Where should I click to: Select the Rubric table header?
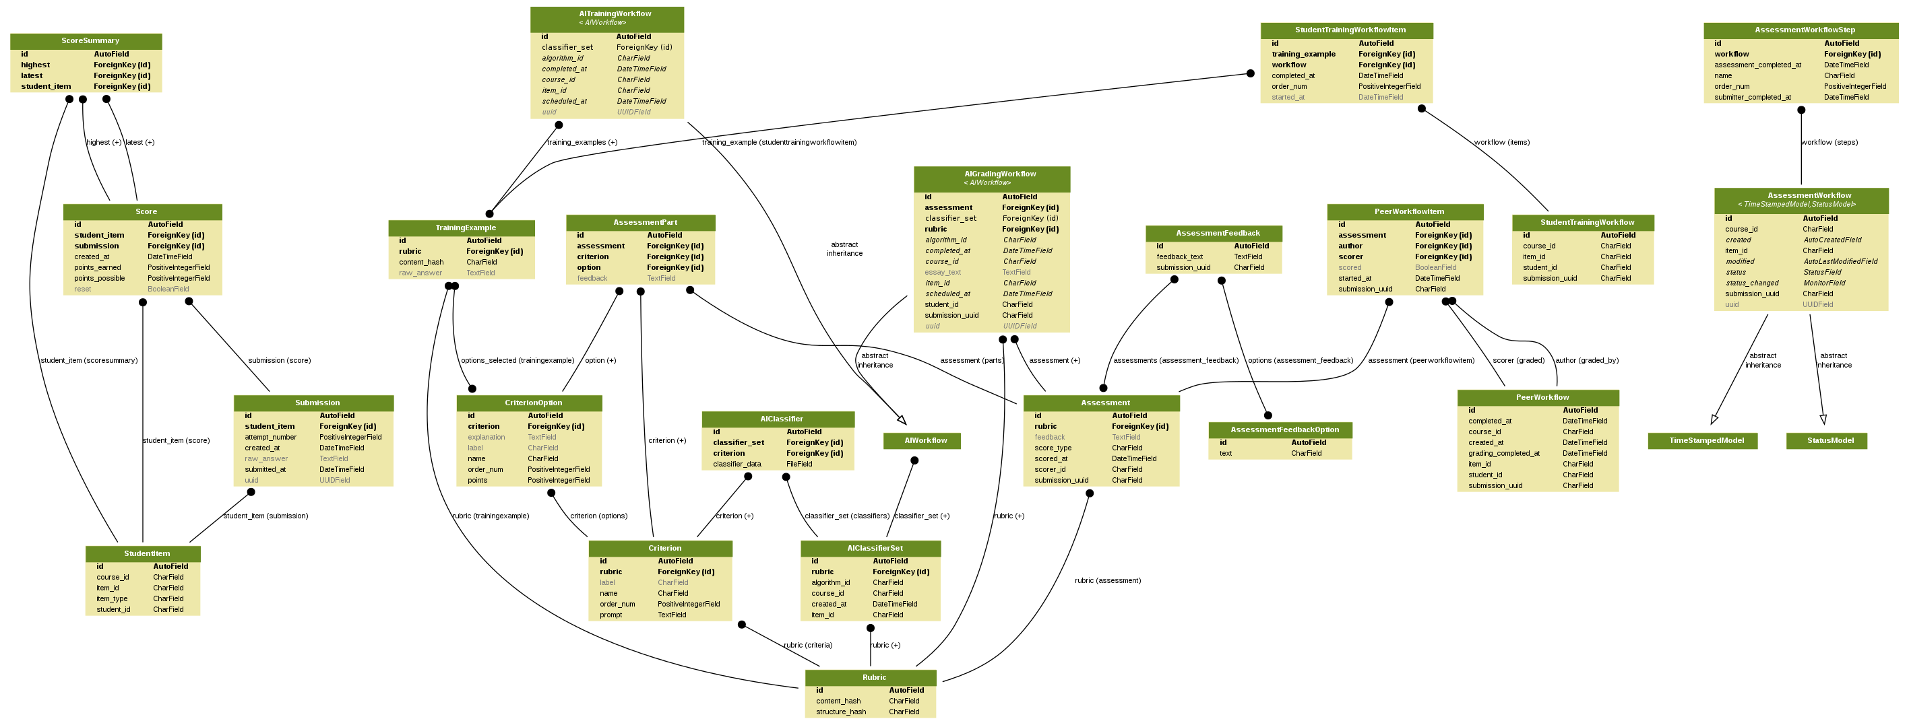point(874,678)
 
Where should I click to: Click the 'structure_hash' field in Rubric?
point(840,712)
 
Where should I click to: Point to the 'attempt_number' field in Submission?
point(270,438)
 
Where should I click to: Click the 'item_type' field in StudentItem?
point(112,599)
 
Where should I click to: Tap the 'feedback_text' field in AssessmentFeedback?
point(1180,257)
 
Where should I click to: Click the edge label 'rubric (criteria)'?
point(808,646)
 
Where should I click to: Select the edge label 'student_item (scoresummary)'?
point(89,361)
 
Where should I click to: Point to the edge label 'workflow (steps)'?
point(1829,142)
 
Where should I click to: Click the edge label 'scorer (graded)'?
point(1518,361)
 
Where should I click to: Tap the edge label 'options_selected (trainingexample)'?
point(518,361)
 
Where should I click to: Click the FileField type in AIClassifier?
point(799,464)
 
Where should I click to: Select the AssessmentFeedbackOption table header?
point(1284,430)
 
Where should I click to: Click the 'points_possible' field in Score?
point(99,279)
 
